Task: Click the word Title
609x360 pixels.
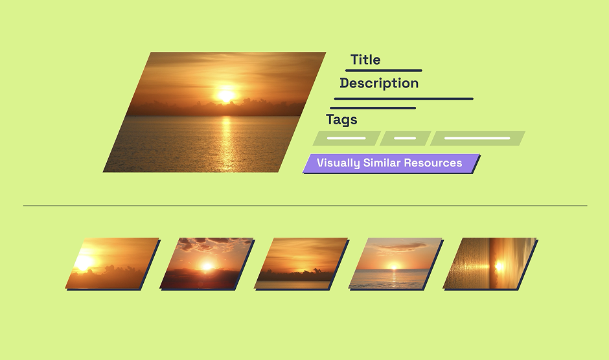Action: [365, 60]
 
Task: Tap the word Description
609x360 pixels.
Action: [379, 84]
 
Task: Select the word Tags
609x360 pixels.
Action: [341, 120]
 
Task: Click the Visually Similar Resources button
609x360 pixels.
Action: [391, 163]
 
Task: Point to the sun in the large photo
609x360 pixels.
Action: [225, 95]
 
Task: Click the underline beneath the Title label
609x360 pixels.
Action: [384, 71]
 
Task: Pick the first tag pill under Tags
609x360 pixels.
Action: [347, 139]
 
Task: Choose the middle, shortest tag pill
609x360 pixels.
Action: [405, 139]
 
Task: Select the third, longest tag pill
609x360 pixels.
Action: [477, 139]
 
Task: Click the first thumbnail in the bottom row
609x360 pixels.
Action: [112, 263]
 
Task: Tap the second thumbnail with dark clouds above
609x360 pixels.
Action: [207, 263]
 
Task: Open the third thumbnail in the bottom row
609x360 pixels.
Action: [301, 263]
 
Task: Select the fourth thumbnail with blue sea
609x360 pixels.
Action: [395, 263]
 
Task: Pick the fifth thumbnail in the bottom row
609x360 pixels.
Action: [490, 263]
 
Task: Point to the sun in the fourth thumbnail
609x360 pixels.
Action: [393, 267]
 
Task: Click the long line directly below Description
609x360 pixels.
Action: [403, 99]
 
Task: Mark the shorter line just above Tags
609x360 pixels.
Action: [373, 108]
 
